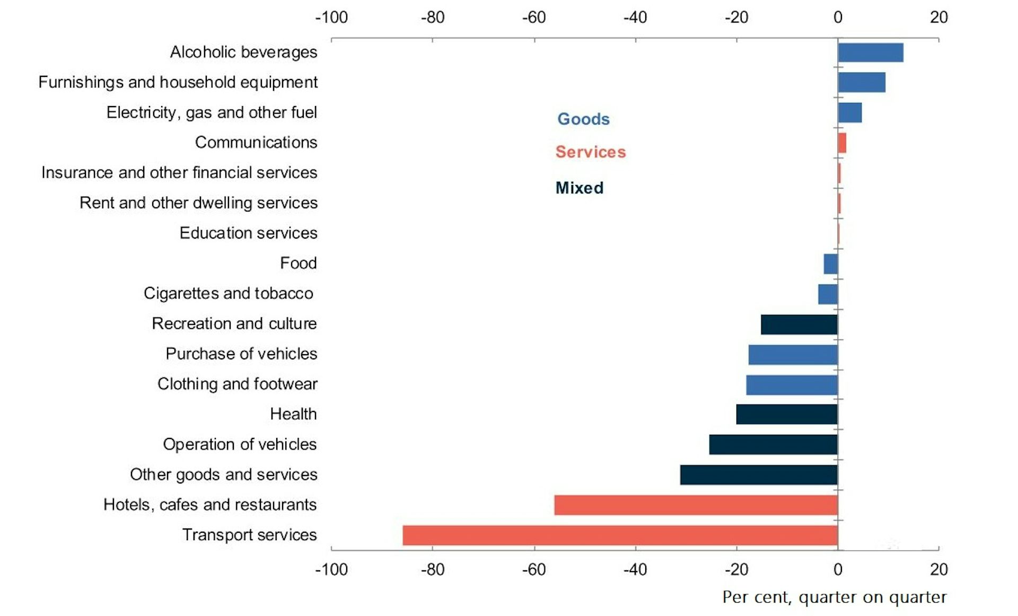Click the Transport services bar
[x=620, y=535]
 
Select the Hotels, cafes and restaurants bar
[x=696, y=505]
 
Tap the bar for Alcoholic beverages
[x=871, y=52]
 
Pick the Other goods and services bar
[x=759, y=474]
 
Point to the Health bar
[x=787, y=414]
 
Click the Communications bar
[x=842, y=143]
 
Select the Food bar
[x=831, y=264]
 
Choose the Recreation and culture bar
[x=799, y=324]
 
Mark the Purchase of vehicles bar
[x=793, y=354]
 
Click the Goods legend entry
[x=583, y=119]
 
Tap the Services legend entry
[x=591, y=152]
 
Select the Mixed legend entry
[x=580, y=188]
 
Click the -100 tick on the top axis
[x=331, y=17]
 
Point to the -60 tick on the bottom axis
[x=534, y=570]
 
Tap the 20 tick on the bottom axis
[x=938, y=570]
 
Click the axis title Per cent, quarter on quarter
[x=834, y=597]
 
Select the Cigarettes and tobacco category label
[x=229, y=293]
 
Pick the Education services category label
[x=248, y=233]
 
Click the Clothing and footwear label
[x=237, y=384]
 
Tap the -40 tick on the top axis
[x=635, y=17]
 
